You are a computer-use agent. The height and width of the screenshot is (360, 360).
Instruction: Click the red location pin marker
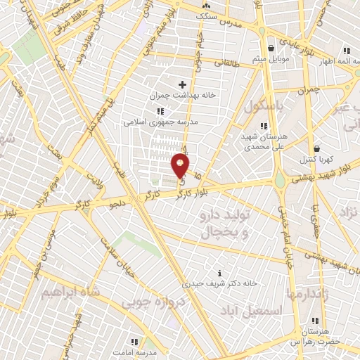pos(180,166)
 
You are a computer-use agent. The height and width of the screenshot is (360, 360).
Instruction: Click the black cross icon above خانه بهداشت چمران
pos(182,84)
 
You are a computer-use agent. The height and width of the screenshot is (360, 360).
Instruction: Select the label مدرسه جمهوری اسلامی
pos(161,121)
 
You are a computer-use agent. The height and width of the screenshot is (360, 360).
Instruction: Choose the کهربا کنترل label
pos(316,159)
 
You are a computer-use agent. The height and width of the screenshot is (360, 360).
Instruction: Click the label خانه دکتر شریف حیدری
pos(221,283)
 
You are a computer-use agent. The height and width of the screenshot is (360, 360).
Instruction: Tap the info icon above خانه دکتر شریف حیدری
pos(221,273)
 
